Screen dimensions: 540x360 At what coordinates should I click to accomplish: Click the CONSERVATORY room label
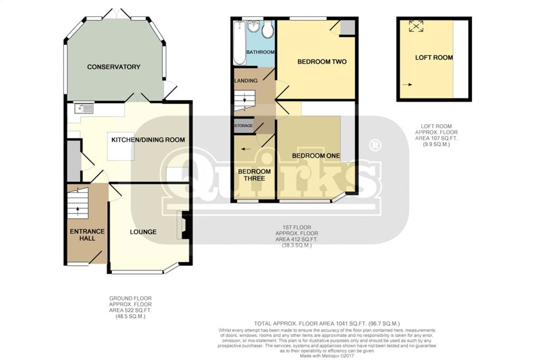coord(113,67)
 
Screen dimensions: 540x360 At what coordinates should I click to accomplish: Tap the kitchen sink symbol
coord(84,108)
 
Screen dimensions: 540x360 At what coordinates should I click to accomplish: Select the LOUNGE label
coord(143,232)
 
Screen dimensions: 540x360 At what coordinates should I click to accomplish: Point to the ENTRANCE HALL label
coord(87,235)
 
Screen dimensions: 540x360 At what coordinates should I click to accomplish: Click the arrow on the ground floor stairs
coord(77,211)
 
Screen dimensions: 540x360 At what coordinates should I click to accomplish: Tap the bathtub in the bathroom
coord(239,43)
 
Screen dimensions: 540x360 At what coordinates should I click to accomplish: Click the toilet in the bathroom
coord(268,29)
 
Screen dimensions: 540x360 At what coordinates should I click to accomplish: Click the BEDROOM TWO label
coord(322,62)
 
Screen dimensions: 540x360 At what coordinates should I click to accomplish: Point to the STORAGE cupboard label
coord(243,126)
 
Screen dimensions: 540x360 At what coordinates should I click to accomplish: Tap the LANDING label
coord(246,81)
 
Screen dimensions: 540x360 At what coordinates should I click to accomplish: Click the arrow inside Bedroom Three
coord(246,149)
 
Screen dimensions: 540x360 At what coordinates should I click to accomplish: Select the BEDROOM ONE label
coord(316,156)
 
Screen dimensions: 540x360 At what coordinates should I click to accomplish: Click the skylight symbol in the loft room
coord(416,26)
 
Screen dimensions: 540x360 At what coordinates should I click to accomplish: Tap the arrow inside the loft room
coord(407,85)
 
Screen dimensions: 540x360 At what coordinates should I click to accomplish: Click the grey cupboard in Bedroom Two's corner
coord(347,27)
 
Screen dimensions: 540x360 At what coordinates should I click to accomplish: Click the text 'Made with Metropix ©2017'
coord(327,356)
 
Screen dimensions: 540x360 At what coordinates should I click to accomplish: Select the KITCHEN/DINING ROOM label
coord(148,140)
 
